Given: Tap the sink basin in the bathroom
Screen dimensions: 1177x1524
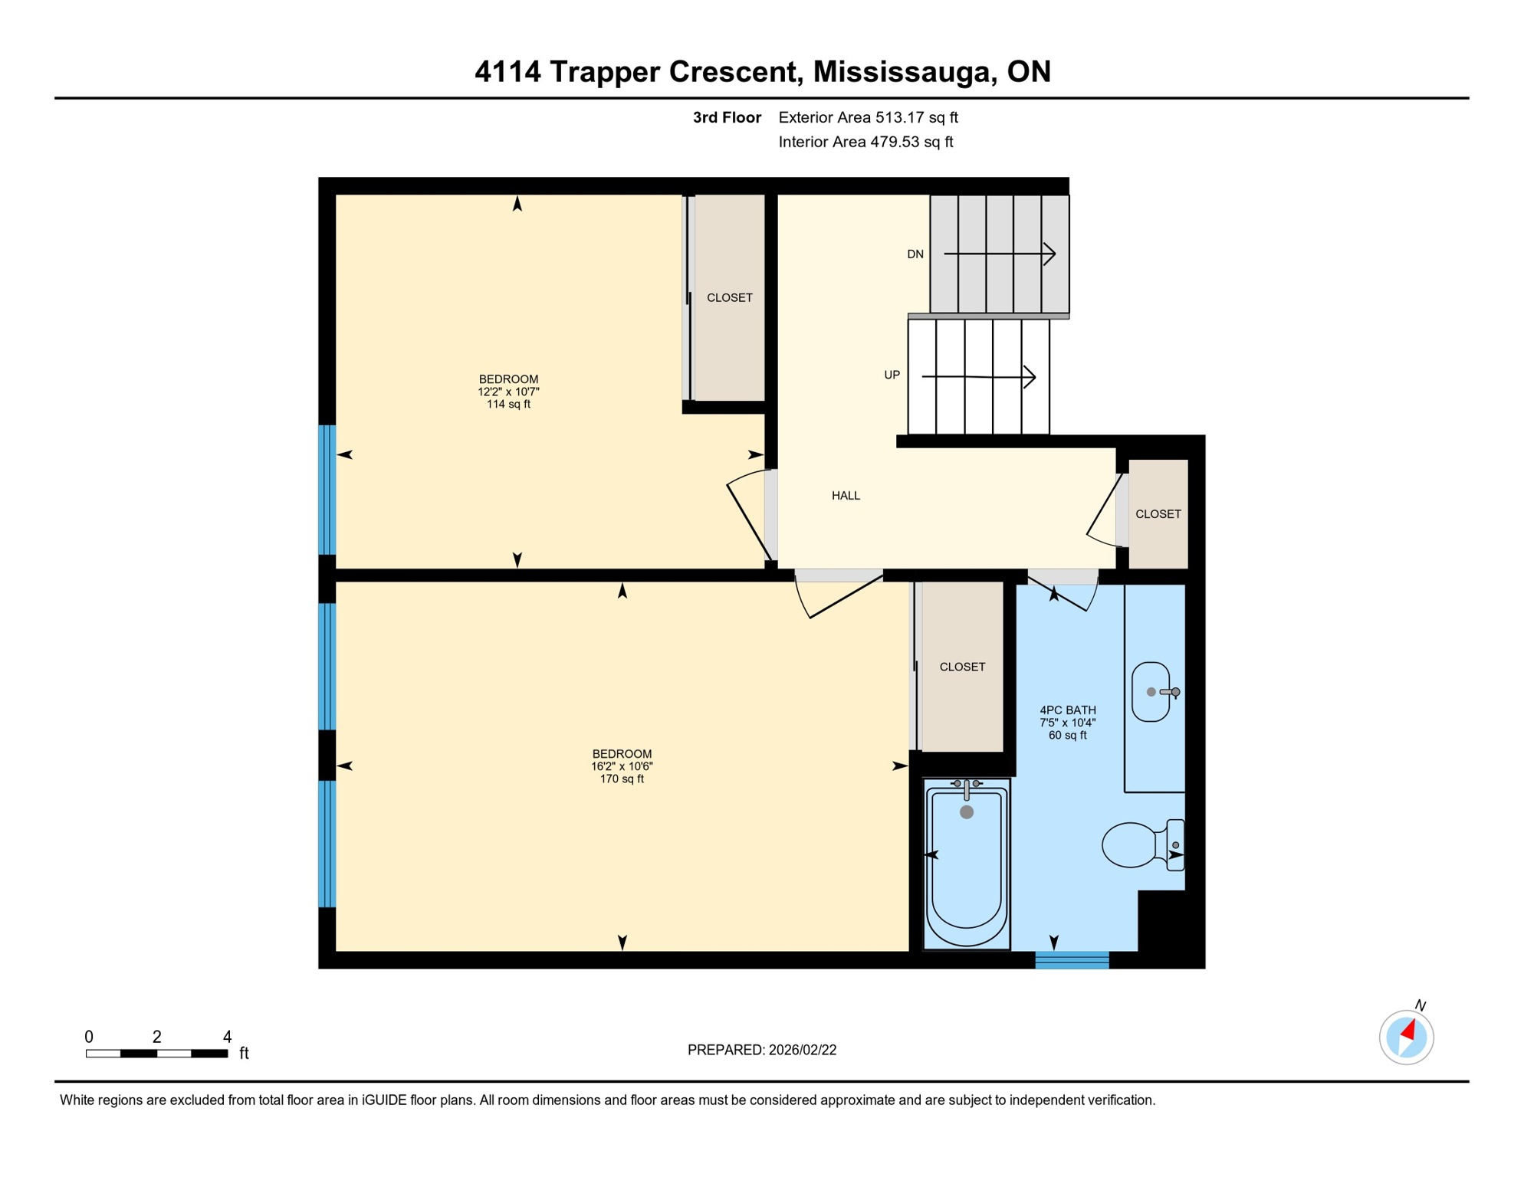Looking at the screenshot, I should click(1150, 692).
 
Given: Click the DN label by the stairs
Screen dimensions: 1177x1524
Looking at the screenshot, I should click(915, 254).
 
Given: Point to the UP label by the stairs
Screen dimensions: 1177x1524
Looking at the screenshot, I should click(892, 375).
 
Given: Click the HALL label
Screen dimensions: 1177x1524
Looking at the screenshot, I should click(846, 496).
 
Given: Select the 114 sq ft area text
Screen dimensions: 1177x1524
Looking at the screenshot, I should click(508, 405).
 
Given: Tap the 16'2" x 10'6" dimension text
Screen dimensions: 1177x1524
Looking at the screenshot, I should click(622, 766).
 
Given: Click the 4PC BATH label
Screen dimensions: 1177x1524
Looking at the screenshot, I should click(1067, 710).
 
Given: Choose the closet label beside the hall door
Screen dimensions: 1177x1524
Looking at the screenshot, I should click(1158, 514).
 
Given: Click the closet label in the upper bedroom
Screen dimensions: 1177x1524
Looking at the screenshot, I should click(729, 297).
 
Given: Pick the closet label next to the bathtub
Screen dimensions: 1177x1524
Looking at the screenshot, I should click(962, 667).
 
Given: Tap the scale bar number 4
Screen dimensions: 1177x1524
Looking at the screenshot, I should click(227, 1037).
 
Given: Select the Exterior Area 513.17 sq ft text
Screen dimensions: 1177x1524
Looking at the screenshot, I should click(868, 117).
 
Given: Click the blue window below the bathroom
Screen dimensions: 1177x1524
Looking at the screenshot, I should click(1072, 960).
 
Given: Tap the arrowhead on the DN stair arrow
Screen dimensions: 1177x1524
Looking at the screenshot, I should click(1052, 254).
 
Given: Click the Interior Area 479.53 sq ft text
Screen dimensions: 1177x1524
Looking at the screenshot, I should click(865, 142).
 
